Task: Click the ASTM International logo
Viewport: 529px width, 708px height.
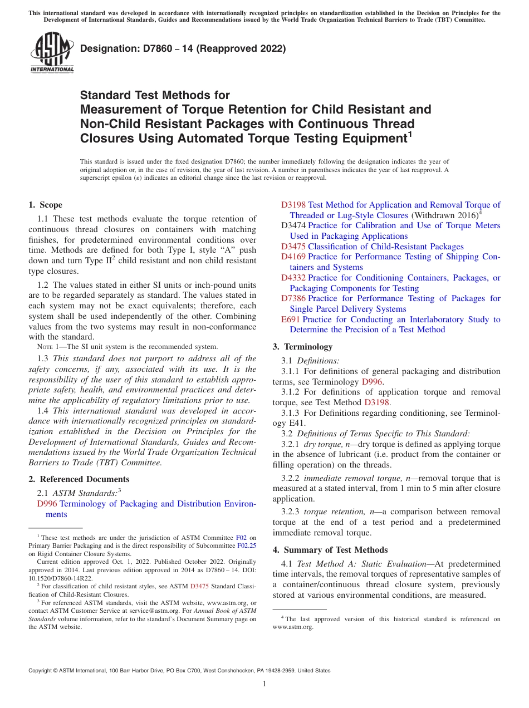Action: click(51, 53)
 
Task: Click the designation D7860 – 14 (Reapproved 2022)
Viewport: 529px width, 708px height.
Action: click(183, 48)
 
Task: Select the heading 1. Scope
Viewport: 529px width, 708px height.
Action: click(46, 205)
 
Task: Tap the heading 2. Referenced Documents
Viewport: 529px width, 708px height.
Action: click(79, 479)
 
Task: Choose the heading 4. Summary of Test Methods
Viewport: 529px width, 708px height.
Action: click(330, 549)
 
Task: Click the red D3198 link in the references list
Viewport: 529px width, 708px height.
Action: click(293, 205)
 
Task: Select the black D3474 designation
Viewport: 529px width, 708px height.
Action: click(293, 225)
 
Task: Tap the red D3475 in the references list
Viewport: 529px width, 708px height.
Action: click(293, 246)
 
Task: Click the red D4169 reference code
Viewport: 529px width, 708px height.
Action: click(293, 257)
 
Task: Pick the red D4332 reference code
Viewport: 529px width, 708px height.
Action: click(293, 277)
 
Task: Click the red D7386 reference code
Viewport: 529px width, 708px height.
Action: click(293, 298)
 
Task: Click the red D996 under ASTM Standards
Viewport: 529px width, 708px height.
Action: click(47, 504)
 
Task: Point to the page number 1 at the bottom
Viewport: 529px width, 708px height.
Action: click(264, 684)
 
